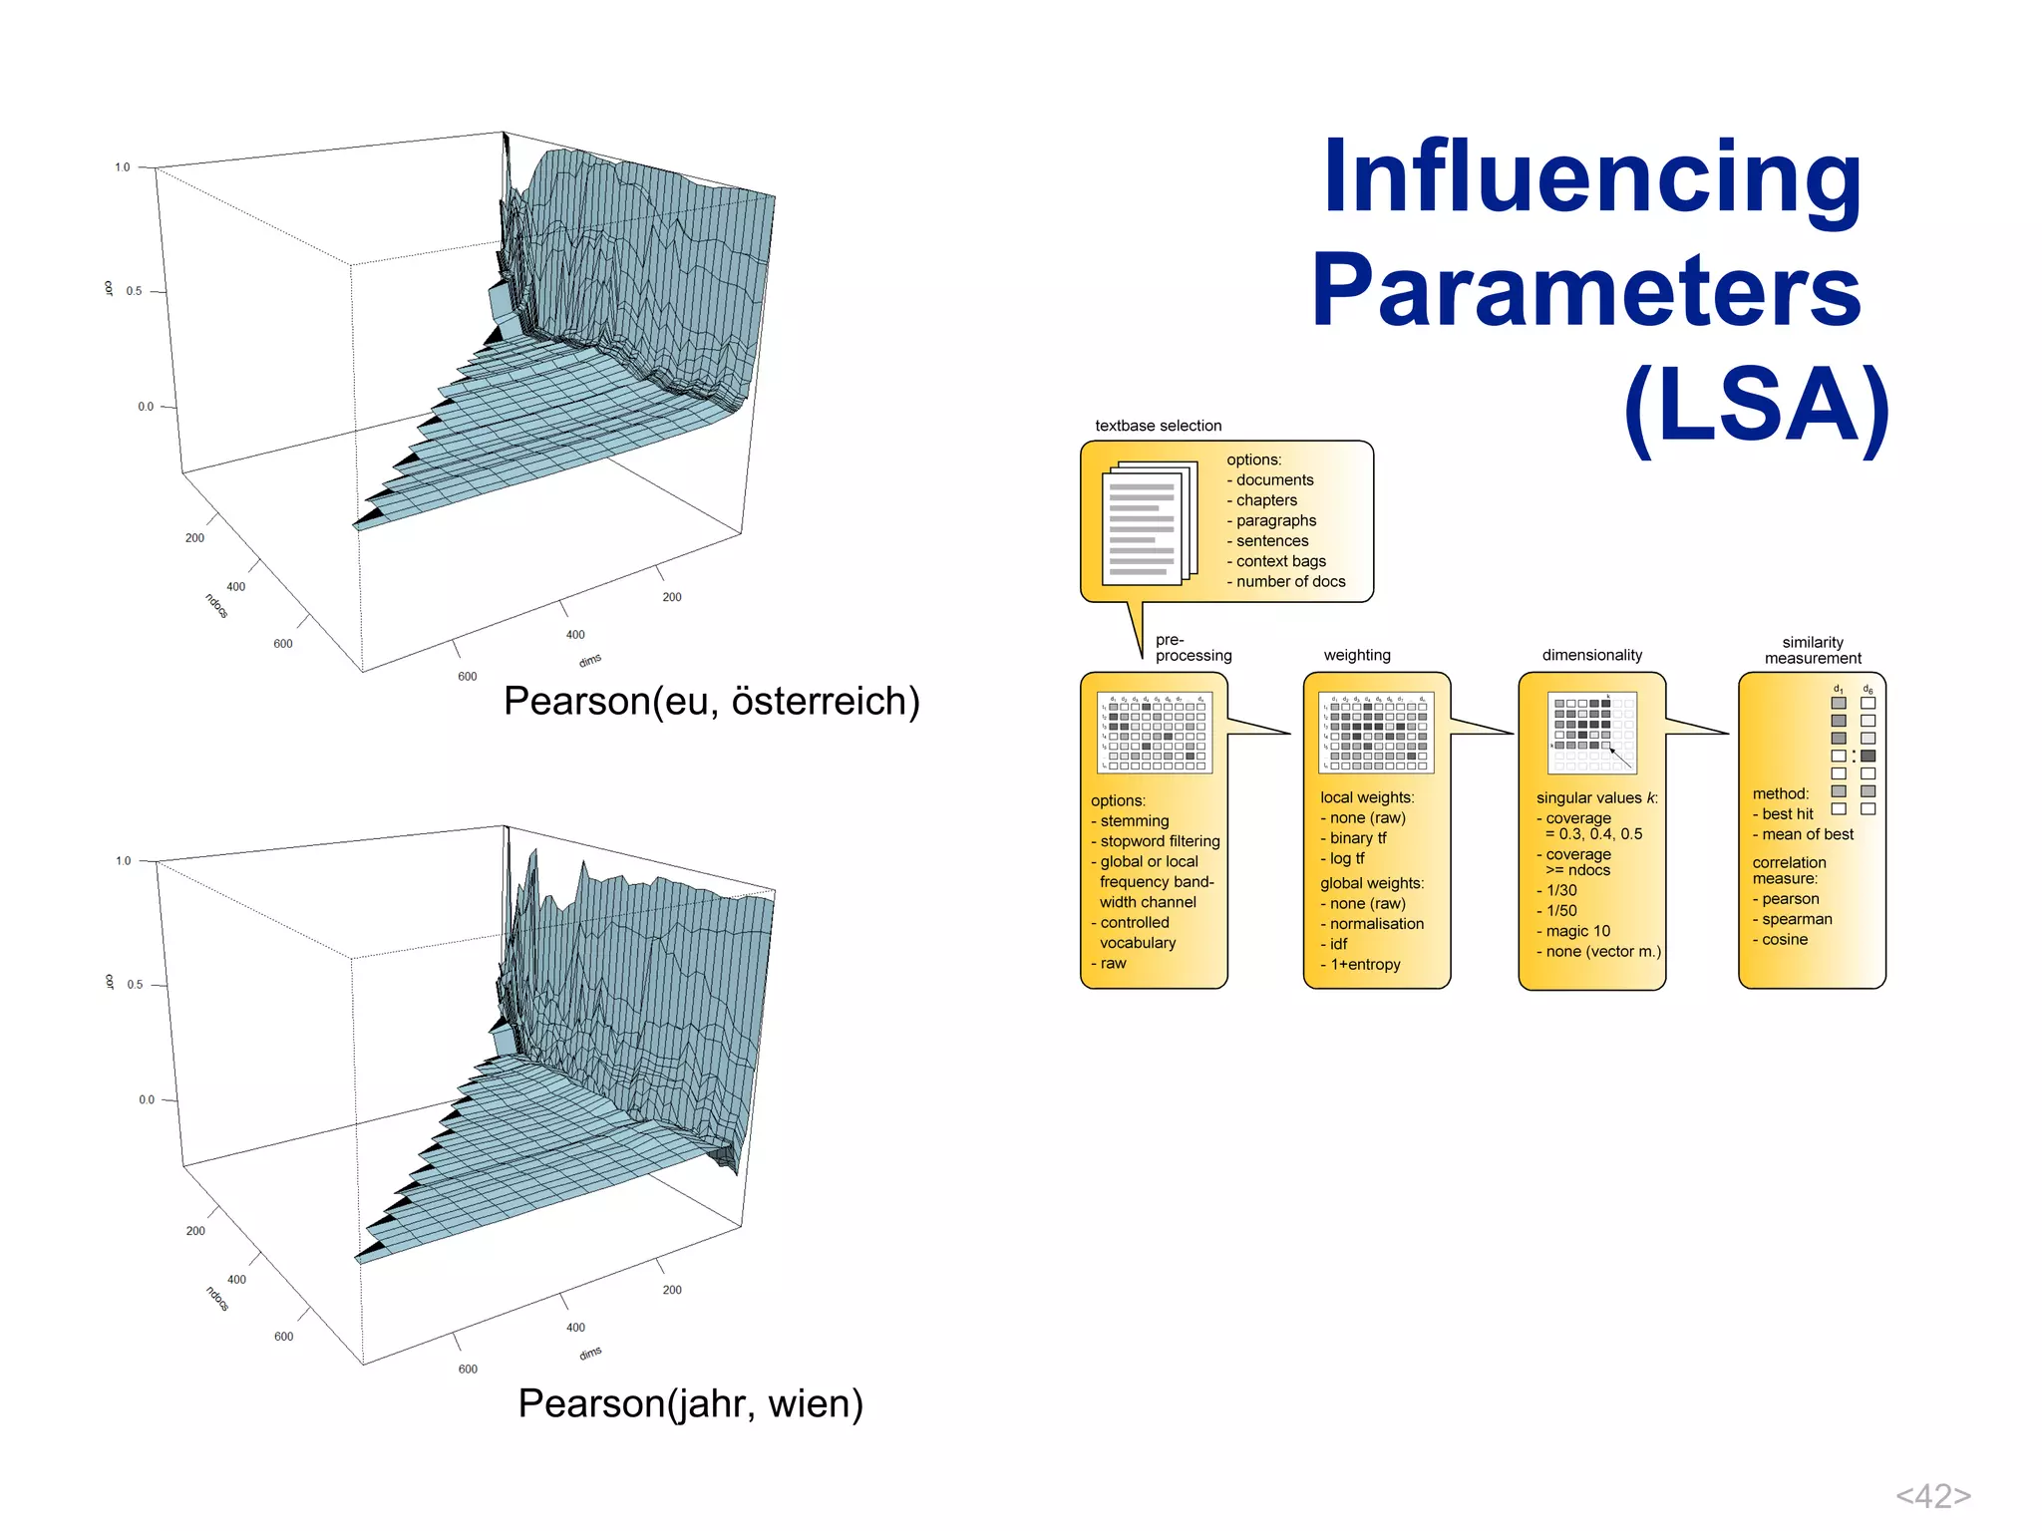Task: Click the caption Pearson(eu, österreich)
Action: (x=711, y=701)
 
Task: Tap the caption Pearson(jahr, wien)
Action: (x=690, y=1403)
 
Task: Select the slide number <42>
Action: (x=1932, y=1495)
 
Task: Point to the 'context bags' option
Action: (x=1280, y=561)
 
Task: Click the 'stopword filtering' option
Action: (x=1160, y=841)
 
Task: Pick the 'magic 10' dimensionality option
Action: (x=1577, y=931)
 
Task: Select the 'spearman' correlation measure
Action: (x=1797, y=919)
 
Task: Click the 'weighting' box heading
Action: (x=1357, y=655)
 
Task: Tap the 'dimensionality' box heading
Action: (x=1591, y=655)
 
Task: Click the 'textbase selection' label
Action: (x=1158, y=426)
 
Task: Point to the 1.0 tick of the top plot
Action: (x=122, y=167)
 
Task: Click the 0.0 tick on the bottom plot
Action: (x=147, y=1099)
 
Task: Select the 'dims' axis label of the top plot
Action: (x=590, y=660)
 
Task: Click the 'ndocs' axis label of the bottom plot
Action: (x=216, y=1298)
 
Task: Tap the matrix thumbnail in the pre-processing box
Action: (x=1155, y=733)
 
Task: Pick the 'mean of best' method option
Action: (x=1807, y=834)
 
